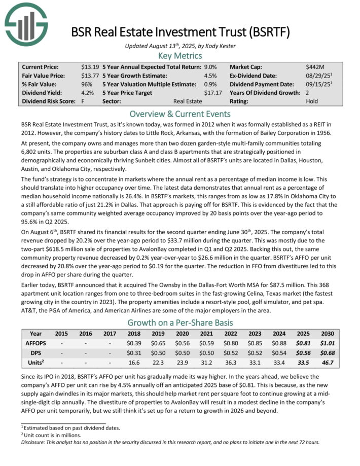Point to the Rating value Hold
312,101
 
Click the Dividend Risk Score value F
83,101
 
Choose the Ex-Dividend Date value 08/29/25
317,76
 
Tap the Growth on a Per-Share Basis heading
180,322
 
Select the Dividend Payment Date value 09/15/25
317,84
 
